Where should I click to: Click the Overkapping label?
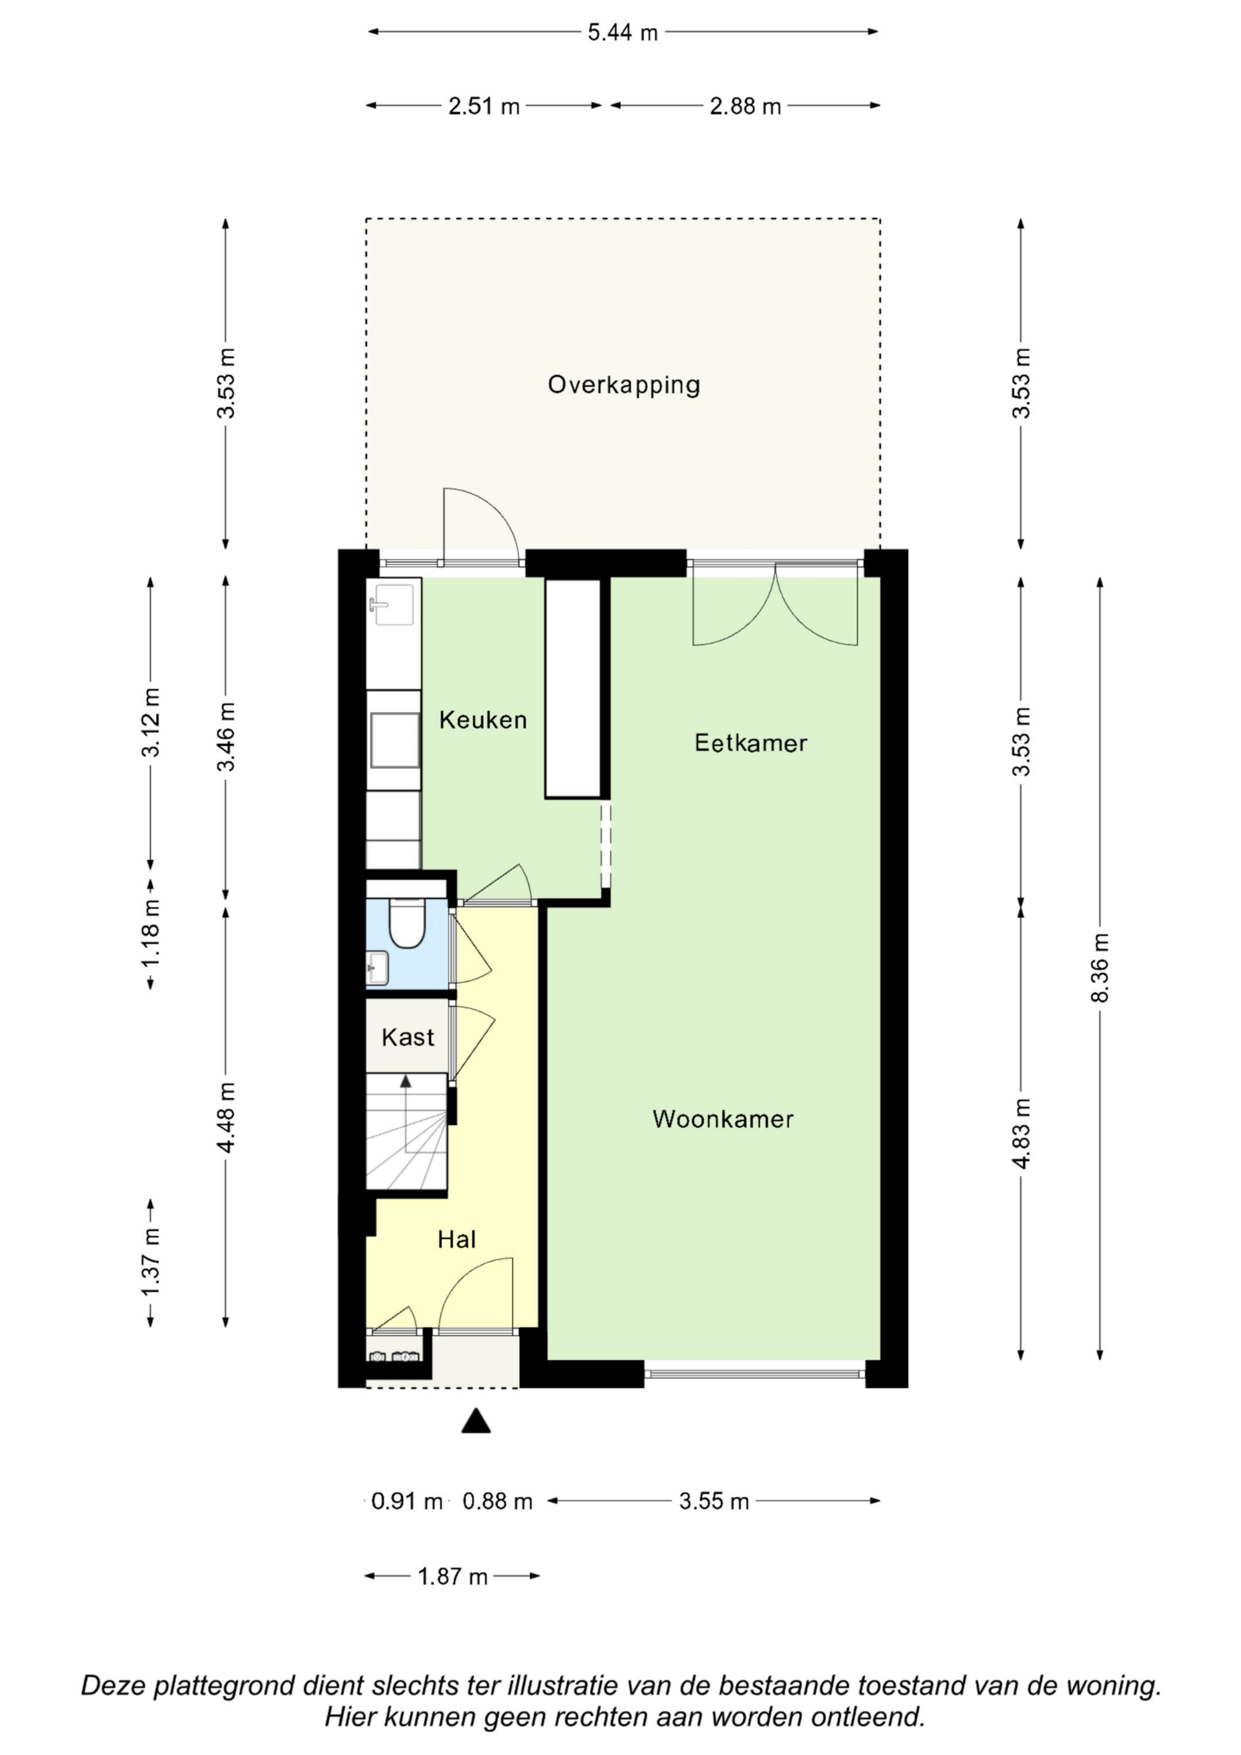(x=623, y=384)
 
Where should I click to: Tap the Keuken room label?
(x=483, y=719)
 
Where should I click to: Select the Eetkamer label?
(x=750, y=742)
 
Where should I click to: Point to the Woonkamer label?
(x=723, y=1119)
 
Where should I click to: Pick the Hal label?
(x=457, y=1239)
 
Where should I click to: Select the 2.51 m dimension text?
(x=484, y=106)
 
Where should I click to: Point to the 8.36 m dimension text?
(x=1100, y=968)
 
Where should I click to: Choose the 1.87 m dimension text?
(x=453, y=1576)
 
